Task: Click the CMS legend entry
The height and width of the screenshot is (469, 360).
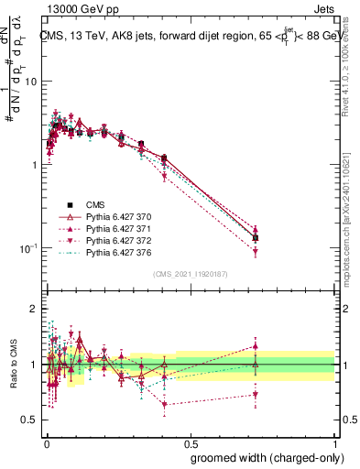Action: pyautogui.click(x=95, y=205)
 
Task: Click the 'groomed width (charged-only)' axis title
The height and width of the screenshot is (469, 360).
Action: pyautogui.click(x=262, y=457)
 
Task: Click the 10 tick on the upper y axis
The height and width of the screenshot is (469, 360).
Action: pyautogui.click(x=30, y=82)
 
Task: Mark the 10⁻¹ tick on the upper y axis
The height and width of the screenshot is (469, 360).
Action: pyautogui.click(x=28, y=248)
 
